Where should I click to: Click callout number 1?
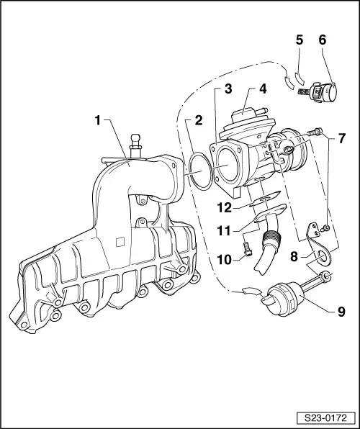click(98, 120)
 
